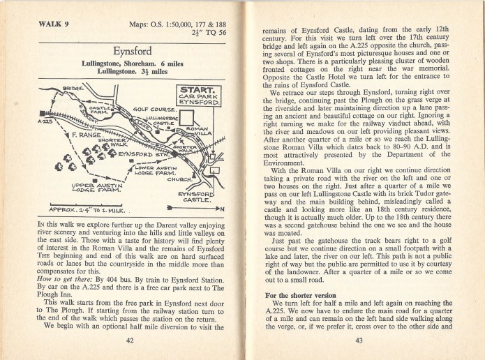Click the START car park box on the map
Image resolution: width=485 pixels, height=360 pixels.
pyautogui.click(x=200, y=96)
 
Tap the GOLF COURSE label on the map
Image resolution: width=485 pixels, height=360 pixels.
pyautogui.click(x=153, y=110)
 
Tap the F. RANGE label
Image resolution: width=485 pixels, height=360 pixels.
pyautogui.click(x=80, y=131)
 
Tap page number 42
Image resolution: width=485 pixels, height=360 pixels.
pyautogui.click(x=130, y=340)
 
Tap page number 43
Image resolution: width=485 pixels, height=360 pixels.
pyautogui.click(x=359, y=340)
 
